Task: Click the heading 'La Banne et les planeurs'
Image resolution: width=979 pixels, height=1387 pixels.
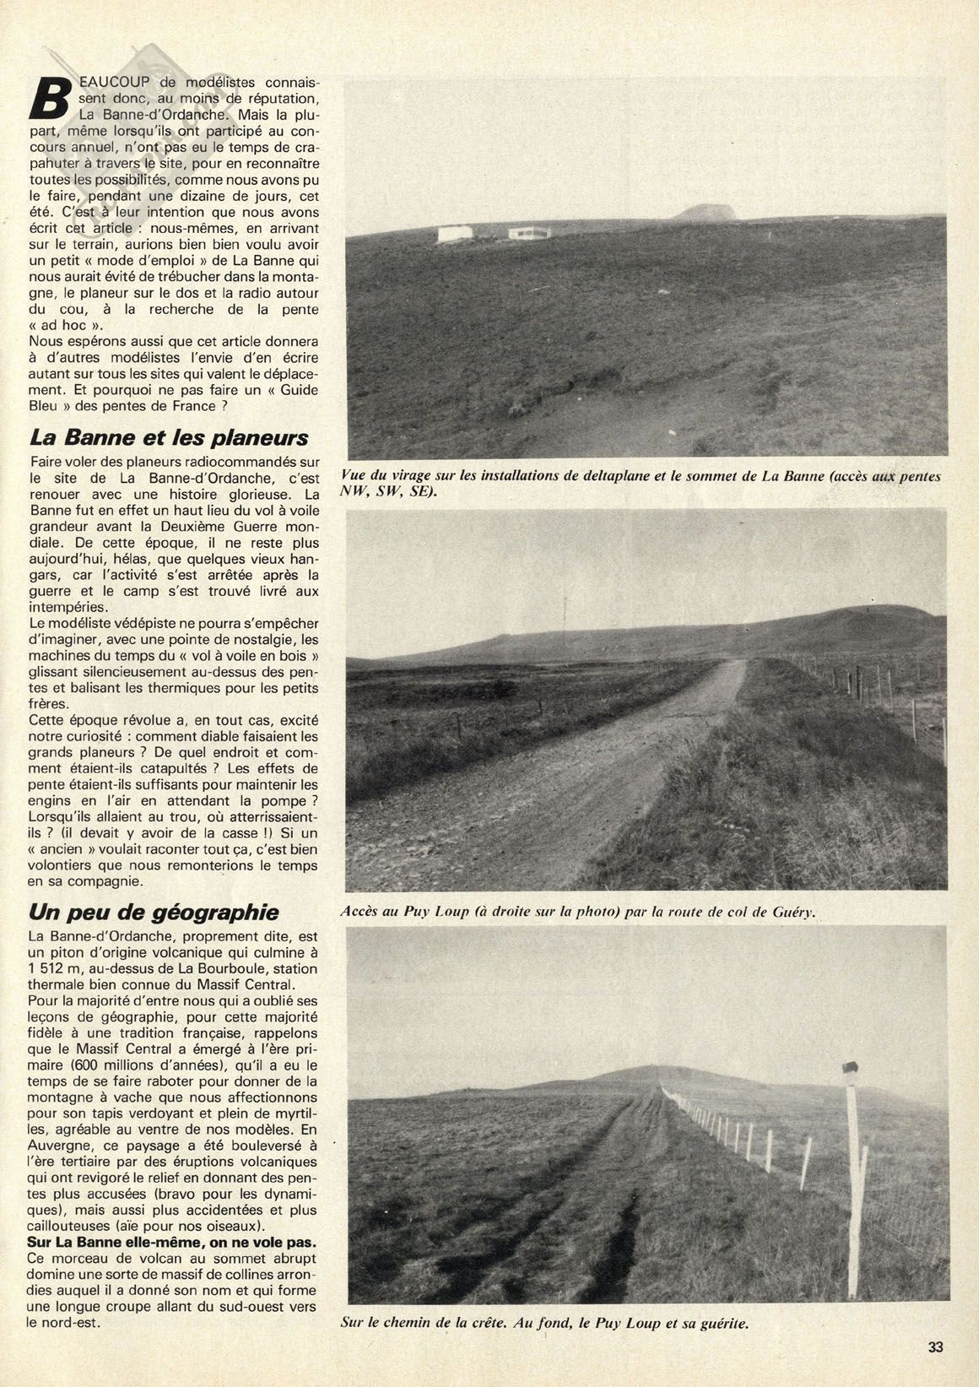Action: (x=169, y=438)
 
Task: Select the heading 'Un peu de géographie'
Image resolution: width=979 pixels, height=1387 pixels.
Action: (x=153, y=912)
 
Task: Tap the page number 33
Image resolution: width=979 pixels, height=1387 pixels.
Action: (x=934, y=1346)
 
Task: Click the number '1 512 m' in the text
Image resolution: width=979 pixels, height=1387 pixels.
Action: (x=55, y=967)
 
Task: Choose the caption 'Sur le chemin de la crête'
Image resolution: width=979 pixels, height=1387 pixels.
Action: (x=544, y=1324)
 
